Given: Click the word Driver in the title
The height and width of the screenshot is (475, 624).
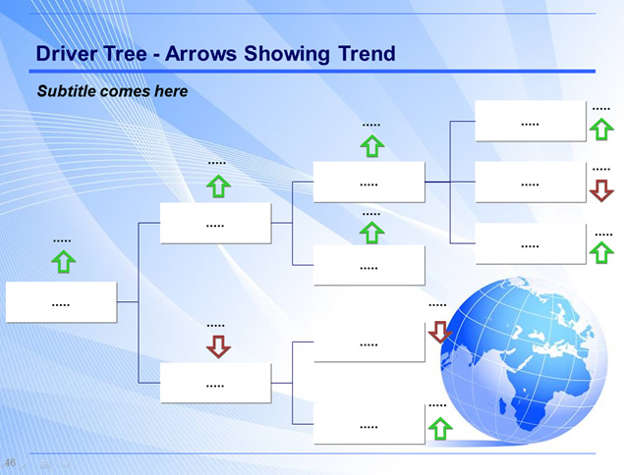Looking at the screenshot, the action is pyautogui.click(x=66, y=53).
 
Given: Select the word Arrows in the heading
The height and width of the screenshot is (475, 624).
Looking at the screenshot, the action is pyautogui.click(x=201, y=53).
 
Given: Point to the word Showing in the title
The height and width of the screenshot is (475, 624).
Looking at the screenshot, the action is pyautogui.click(x=287, y=54).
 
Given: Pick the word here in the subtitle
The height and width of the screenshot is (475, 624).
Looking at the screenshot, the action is pyautogui.click(x=171, y=91).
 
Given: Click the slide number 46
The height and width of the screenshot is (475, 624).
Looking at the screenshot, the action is pyautogui.click(x=10, y=462).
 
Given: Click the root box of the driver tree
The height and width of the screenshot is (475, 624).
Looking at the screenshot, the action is pyautogui.click(x=61, y=302).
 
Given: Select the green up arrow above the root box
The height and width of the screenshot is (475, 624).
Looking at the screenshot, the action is pyautogui.click(x=64, y=261).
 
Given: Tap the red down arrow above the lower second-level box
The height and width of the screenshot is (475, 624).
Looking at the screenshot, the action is pyautogui.click(x=218, y=346).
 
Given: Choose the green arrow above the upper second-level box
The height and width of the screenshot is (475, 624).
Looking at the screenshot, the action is pyautogui.click(x=218, y=185).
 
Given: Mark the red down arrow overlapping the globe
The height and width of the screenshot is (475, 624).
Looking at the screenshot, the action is pyautogui.click(x=440, y=332).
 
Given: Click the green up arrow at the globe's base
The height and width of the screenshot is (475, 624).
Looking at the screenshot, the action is pyautogui.click(x=440, y=428).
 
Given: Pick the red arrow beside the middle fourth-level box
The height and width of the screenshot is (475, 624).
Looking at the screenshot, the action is pyautogui.click(x=601, y=190).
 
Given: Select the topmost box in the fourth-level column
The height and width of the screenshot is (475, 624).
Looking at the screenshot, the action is pyautogui.click(x=531, y=121).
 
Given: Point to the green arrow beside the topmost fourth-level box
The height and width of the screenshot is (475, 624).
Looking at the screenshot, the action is pyautogui.click(x=601, y=129).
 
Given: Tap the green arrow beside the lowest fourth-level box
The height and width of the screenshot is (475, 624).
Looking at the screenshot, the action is pyautogui.click(x=601, y=252).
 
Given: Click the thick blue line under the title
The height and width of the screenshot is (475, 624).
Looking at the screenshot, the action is pyautogui.click(x=312, y=71).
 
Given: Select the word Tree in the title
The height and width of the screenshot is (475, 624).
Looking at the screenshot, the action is pyautogui.click(x=125, y=53).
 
